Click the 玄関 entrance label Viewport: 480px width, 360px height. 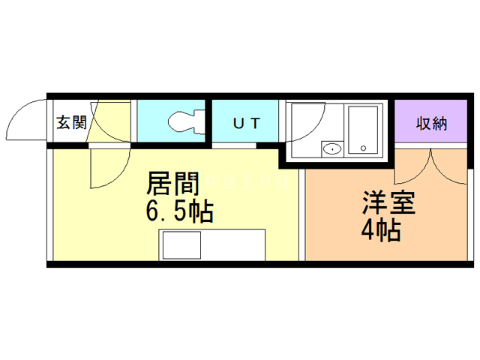pyautogui.click(x=71, y=122)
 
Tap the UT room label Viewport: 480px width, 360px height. pyautogui.click(x=245, y=123)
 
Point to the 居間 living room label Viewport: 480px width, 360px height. pyautogui.click(x=172, y=184)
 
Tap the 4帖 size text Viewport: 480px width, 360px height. pyautogui.click(x=379, y=230)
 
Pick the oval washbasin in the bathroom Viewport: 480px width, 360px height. pyautogui.click(x=331, y=148)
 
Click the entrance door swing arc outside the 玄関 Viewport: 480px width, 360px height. pyautogui.click(x=26, y=120)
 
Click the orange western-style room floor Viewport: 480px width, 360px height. pyautogui.click(x=390, y=240)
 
